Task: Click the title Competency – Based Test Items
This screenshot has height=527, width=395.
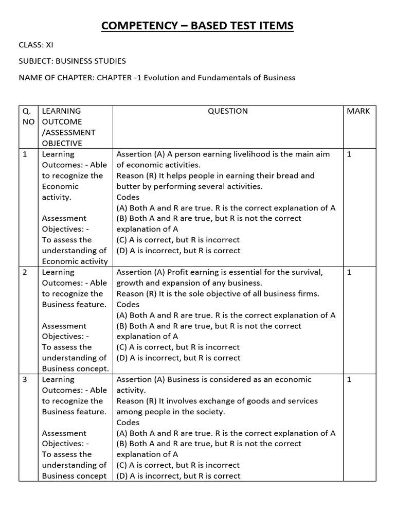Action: (197, 26)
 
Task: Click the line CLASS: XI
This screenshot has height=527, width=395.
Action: (36, 45)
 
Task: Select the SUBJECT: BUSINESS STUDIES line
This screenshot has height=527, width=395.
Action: (72, 61)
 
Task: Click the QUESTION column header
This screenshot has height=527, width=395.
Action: (227, 111)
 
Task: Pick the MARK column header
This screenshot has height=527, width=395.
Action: (358, 111)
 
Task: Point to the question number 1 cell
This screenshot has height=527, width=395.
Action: (26, 154)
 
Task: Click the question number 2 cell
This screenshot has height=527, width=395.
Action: (26, 272)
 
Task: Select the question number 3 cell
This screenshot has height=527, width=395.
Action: (26, 380)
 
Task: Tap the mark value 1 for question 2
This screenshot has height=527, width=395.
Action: (349, 272)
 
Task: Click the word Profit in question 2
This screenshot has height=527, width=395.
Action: (179, 272)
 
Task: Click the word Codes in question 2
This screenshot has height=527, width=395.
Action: (128, 305)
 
